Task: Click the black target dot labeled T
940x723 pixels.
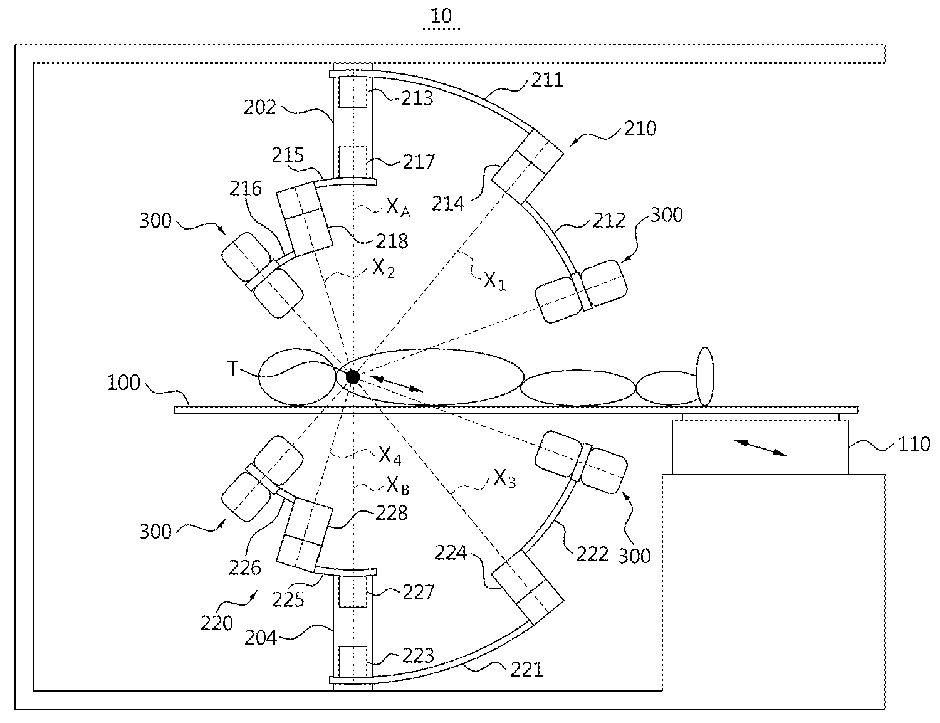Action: pos(353,377)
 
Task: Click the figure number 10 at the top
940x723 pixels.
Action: pos(441,16)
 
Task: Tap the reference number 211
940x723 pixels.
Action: pos(547,80)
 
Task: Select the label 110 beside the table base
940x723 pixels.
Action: pos(914,445)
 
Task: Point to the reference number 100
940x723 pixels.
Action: pos(123,383)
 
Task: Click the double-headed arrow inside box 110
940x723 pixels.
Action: pos(761,448)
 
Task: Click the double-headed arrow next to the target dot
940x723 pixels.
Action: pos(395,383)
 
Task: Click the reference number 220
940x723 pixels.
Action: pos(217,623)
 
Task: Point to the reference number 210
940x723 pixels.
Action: pos(640,129)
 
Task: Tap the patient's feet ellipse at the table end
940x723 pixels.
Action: pos(706,376)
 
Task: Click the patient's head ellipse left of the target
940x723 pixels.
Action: pos(295,376)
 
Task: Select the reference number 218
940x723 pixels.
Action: pos(392,240)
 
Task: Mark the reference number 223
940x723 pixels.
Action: pos(419,655)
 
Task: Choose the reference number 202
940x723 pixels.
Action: pos(260,107)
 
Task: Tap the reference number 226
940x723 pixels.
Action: pos(244,567)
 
